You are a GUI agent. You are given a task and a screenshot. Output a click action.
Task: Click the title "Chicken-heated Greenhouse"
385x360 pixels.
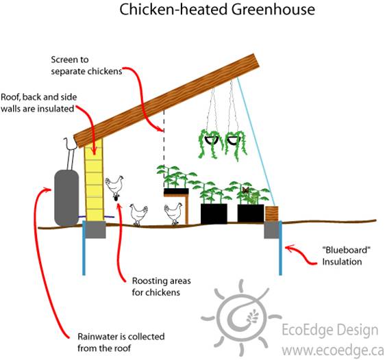217,10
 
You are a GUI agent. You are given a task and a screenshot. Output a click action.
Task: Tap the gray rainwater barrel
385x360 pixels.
66,198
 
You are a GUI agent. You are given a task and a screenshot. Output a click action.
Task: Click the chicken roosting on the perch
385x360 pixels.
114,185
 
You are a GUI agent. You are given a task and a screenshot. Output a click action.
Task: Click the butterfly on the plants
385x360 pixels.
245,190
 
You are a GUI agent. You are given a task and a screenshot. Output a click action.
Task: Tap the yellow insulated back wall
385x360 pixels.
94,180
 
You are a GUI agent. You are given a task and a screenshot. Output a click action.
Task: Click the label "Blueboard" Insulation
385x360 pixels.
346,256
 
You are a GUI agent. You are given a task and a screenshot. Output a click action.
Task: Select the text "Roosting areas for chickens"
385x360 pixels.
161,287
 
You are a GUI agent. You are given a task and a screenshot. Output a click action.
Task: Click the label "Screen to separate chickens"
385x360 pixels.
86,65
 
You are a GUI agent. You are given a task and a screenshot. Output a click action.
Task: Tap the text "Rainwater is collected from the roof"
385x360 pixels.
121,342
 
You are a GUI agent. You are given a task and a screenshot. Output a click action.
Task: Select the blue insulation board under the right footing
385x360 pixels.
280,248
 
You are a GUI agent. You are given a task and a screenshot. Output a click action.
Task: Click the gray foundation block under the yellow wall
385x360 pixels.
95,229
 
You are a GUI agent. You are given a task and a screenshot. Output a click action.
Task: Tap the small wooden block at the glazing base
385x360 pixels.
271,214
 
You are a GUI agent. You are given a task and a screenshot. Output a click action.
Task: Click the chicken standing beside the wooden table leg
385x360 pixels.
173,214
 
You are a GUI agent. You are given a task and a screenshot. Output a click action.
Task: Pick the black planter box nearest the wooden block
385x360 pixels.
251,213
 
